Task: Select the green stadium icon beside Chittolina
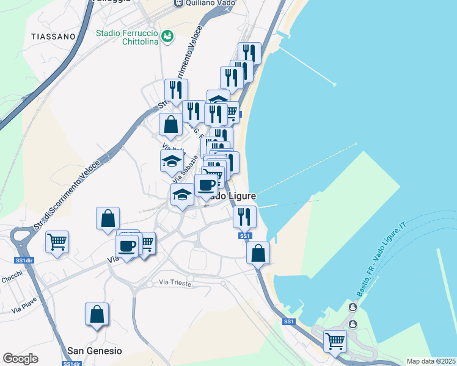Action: tap(167, 37)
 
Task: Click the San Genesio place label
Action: tap(94, 351)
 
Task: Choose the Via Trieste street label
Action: tap(175, 283)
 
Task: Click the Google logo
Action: tap(21, 359)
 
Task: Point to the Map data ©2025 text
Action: tap(430, 361)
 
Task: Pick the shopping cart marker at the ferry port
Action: tap(335, 340)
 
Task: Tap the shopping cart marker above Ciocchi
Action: tap(57, 242)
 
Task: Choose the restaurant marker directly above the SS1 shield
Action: tap(244, 216)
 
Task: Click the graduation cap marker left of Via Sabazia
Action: tap(172, 162)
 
